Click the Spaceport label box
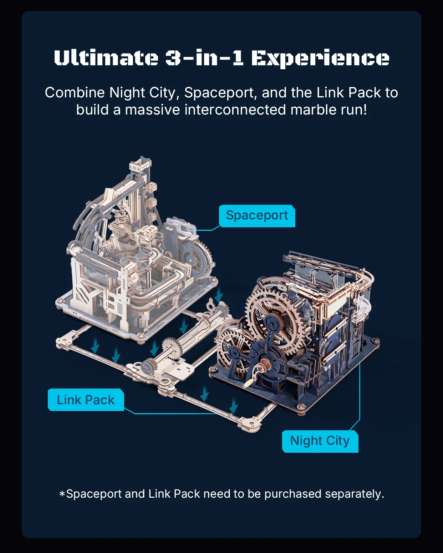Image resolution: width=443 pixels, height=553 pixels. (257, 216)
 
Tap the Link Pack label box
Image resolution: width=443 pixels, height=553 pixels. (86, 400)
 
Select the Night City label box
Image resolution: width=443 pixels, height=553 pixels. (320, 441)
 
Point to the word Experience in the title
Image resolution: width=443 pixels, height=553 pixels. (320, 59)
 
